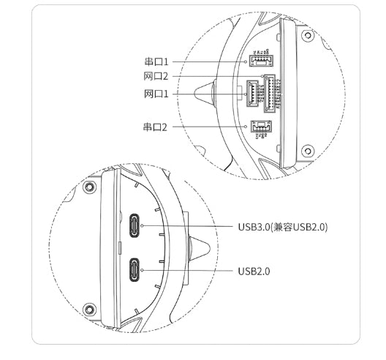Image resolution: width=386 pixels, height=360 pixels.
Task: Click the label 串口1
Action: click(x=156, y=61)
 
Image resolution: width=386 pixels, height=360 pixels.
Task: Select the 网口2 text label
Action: click(x=156, y=77)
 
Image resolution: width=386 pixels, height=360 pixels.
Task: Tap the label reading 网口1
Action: click(x=156, y=94)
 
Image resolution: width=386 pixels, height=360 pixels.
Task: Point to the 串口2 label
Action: click(x=156, y=127)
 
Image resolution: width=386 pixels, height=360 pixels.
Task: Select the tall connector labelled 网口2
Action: click(x=268, y=93)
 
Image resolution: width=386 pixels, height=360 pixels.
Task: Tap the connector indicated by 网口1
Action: click(x=253, y=94)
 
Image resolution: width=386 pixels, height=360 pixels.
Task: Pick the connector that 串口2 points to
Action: click(x=260, y=127)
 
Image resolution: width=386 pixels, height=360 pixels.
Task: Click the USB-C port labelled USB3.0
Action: click(x=135, y=227)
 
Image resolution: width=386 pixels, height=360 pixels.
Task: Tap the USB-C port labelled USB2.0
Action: click(x=135, y=270)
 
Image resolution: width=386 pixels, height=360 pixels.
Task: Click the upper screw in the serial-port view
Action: click(x=307, y=33)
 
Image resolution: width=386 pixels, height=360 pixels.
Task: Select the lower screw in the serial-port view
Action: click(x=307, y=151)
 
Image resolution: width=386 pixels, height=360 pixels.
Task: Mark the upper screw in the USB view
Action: click(x=89, y=187)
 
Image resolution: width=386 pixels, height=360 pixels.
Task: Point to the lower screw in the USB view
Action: click(x=89, y=308)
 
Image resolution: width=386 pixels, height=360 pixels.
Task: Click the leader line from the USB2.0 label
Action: click(x=190, y=271)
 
